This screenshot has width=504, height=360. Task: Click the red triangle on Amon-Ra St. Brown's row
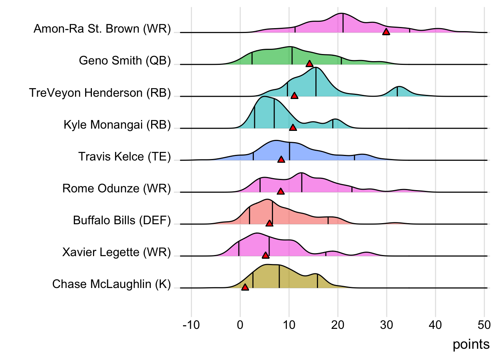386,32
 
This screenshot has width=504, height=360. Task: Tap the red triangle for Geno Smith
309,64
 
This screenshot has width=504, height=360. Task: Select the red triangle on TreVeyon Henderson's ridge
294,96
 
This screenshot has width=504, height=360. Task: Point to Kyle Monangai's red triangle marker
293,127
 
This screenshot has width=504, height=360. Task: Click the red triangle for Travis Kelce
281,159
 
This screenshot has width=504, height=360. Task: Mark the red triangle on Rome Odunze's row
280,191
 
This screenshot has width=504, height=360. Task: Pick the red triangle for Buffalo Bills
269,223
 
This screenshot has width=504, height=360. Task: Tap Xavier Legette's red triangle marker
265,255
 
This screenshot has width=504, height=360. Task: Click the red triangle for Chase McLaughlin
245,287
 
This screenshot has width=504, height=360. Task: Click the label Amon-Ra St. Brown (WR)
102,28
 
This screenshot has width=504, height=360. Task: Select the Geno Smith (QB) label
125,60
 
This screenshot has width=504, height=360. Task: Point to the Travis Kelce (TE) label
124,156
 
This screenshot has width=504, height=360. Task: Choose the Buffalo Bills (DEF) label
122,220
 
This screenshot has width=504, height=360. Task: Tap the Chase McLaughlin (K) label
111,284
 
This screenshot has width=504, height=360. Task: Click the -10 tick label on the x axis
191,325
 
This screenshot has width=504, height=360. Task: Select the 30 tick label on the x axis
387,325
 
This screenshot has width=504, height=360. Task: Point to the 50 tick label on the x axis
484,325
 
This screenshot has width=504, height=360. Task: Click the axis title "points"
471,344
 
